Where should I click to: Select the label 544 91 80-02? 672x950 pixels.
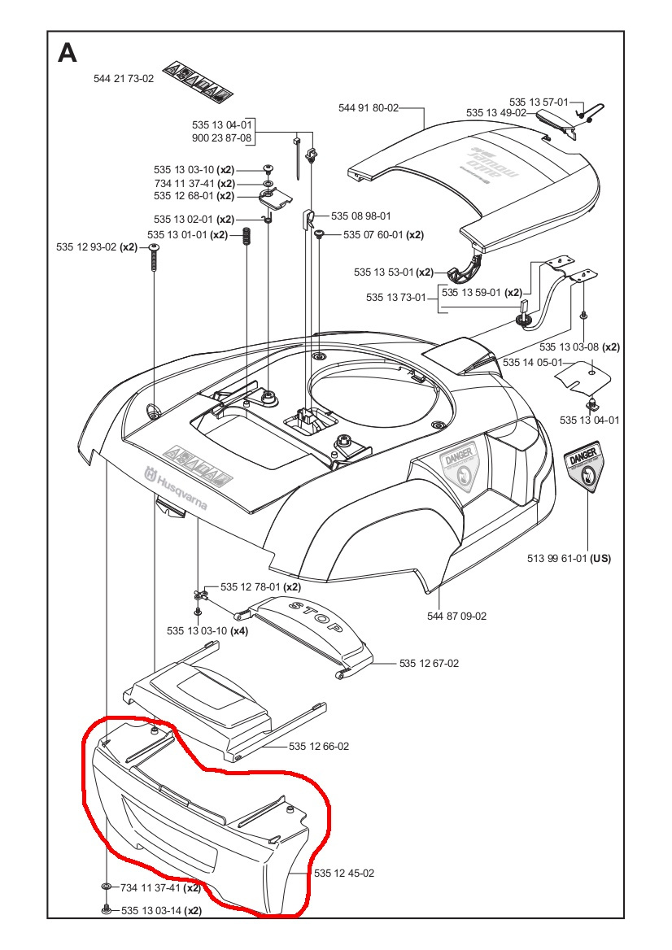tap(368, 107)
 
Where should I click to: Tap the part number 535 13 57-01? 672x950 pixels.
tap(539, 102)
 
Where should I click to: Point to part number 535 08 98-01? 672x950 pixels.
tap(360, 216)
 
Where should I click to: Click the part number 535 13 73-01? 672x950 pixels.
tap(396, 298)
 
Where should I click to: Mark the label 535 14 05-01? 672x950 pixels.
tap(532, 362)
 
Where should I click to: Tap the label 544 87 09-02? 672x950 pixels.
tap(456, 616)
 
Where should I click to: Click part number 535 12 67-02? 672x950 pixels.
tap(429, 664)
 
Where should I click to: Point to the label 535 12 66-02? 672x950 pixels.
tap(319, 746)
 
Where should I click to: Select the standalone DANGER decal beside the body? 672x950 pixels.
tap(586, 469)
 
